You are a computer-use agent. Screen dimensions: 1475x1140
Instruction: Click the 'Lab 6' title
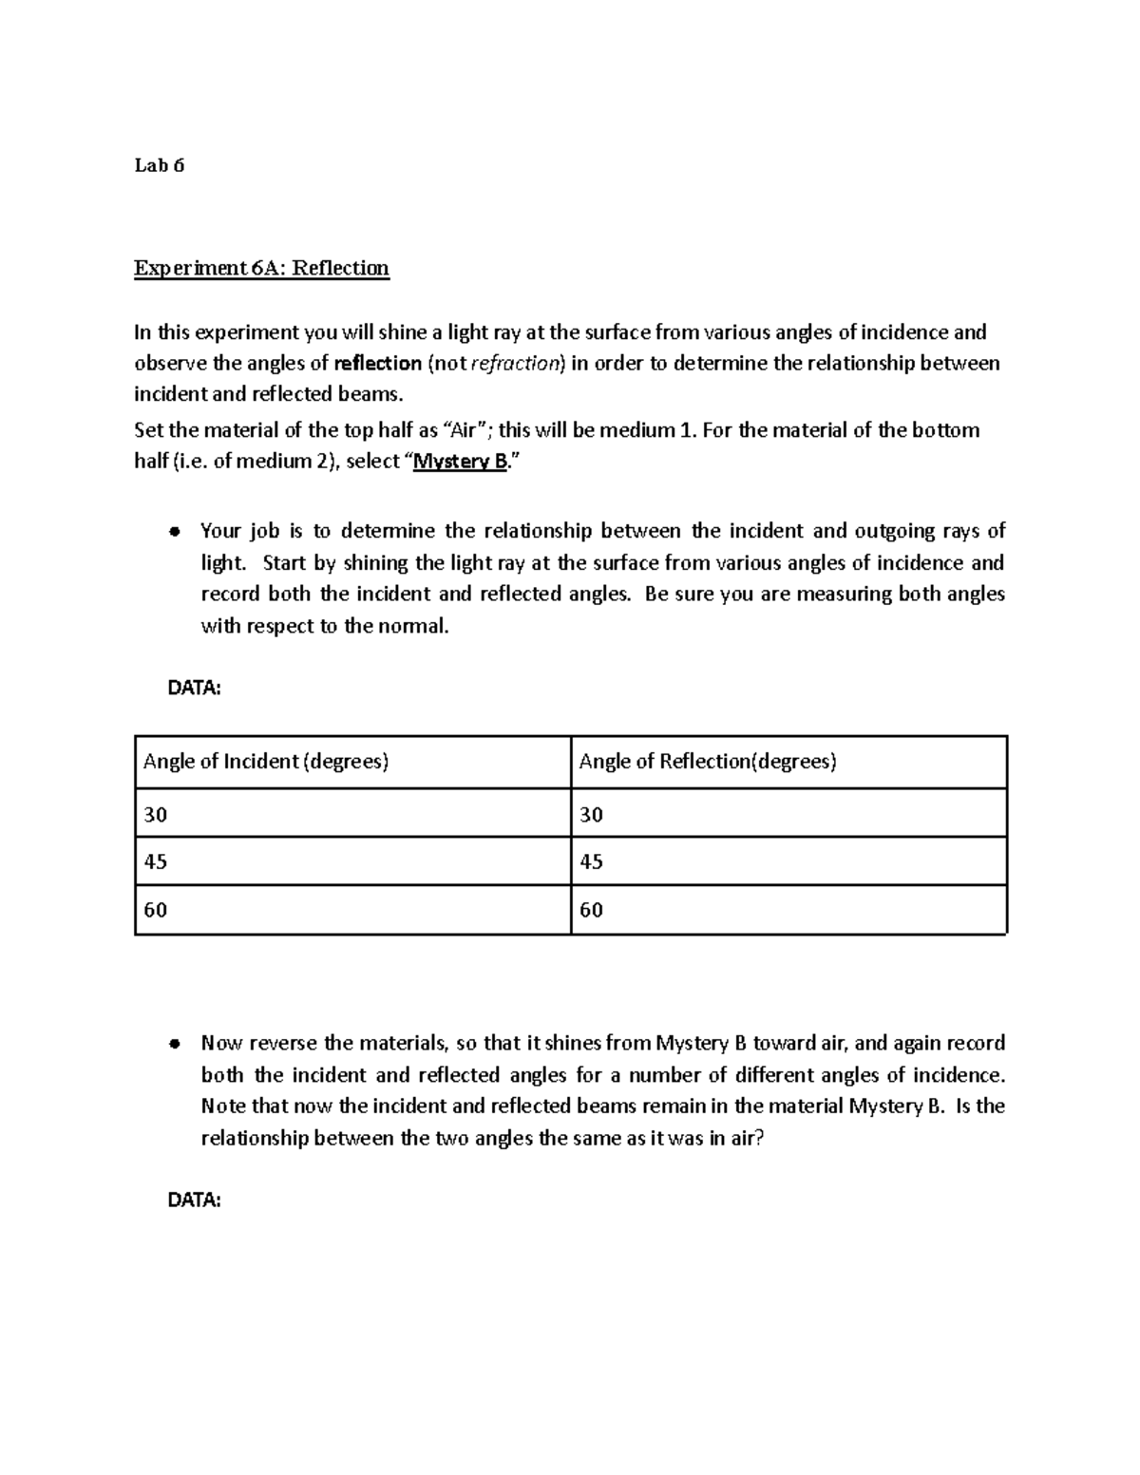coord(159,166)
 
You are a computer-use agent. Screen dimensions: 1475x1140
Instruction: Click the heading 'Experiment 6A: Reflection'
coord(261,268)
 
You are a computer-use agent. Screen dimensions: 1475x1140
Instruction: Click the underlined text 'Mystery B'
coord(462,463)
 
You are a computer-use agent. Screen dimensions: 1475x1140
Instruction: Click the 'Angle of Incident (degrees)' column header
coord(266,762)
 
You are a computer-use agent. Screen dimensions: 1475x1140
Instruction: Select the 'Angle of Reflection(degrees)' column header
coord(707,762)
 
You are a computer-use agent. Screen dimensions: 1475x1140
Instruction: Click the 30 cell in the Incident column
coord(155,815)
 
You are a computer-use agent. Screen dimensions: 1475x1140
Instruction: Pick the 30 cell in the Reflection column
coord(591,815)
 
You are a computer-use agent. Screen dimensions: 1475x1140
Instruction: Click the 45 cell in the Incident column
coord(155,862)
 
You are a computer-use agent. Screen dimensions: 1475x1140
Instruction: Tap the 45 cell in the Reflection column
coord(591,862)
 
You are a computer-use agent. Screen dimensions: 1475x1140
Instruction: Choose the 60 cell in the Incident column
coord(155,910)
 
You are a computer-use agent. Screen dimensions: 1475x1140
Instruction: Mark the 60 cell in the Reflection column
coord(591,910)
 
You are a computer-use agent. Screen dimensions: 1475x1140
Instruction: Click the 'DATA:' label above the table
coord(194,689)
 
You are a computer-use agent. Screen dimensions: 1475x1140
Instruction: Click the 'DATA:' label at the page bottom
coord(194,1201)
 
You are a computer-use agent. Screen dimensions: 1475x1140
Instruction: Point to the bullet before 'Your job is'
coord(173,532)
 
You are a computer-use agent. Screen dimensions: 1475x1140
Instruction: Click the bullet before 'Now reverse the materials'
coord(173,1044)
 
